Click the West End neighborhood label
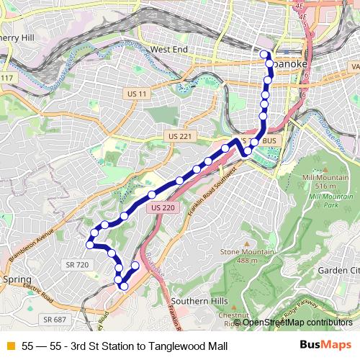coord(169,50)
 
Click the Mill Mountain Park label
coord(320,195)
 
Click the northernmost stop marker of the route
coord(264,54)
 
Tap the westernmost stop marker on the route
coord(90,245)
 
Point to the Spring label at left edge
coord(17,279)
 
